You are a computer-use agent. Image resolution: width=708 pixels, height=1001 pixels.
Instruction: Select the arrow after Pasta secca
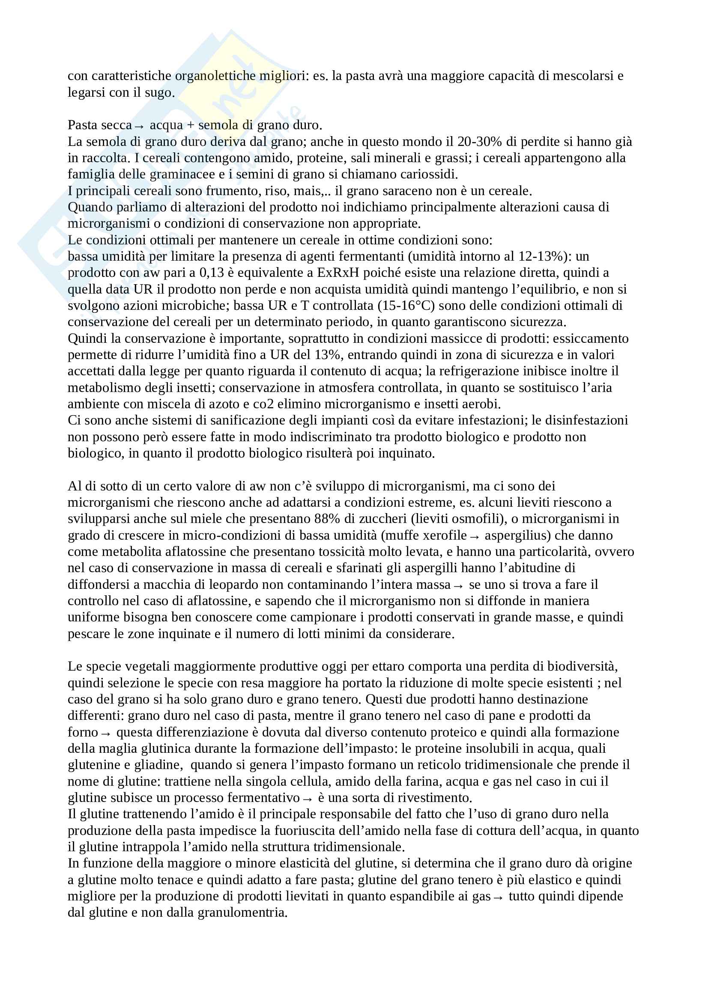point(139,126)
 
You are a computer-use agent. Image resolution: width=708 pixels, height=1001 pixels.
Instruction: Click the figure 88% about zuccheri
point(328,519)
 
